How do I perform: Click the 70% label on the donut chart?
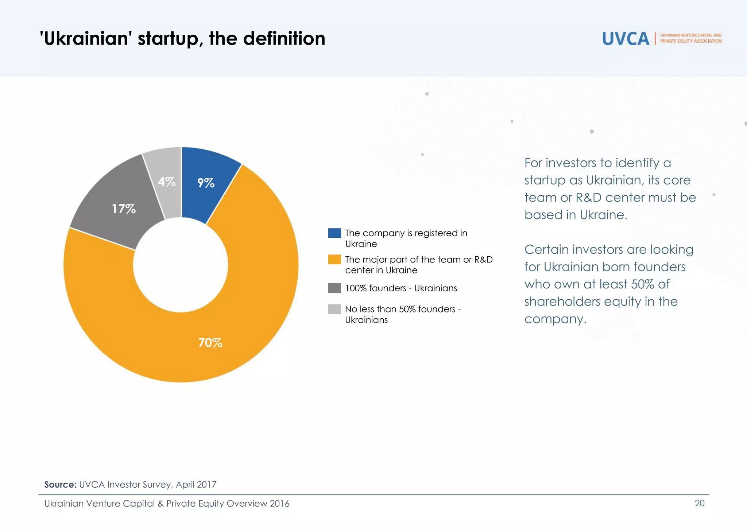(210, 342)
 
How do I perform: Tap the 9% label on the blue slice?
(206, 183)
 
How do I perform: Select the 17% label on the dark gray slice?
(124, 209)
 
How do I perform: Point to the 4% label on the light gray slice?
(167, 181)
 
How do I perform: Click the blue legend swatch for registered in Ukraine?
(334, 233)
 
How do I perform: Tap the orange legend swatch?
(334, 260)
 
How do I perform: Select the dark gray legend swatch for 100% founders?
(334, 288)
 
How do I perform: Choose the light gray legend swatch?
(334, 309)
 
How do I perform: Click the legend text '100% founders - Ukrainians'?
(401, 288)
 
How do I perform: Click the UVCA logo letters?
(626, 39)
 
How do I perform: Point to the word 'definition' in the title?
(284, 38)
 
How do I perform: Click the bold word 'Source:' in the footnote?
(60, 484)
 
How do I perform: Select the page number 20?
(700, 503)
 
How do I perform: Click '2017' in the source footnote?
(206, 484)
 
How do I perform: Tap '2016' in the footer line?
(279, 503)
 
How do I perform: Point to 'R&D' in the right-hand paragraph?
(588, 198)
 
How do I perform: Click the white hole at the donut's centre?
(181, 265)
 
